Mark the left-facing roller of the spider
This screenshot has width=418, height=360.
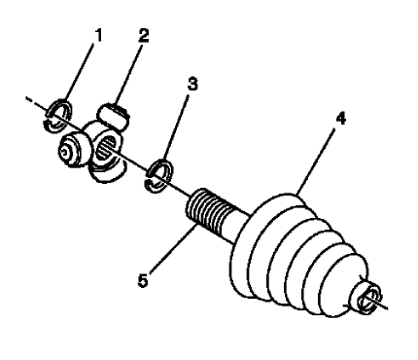[71, 149]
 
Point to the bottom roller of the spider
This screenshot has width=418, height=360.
[105, 171]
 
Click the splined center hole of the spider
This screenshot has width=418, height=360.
[105, 149]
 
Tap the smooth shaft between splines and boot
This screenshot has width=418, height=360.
[233, 228]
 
